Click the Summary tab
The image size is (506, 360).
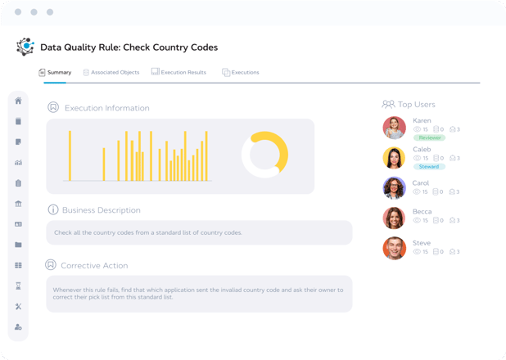tap(56, 73)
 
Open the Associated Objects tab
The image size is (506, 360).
tap(111, 73)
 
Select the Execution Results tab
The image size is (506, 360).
tap(178, 73)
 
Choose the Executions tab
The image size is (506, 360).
tap(241, 73)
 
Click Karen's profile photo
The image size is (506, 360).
tap(395, 128)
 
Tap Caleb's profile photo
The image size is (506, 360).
tap(395, 158)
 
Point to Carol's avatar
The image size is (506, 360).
tap(395, 188)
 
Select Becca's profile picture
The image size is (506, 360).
tap(395, 218)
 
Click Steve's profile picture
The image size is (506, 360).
tap(395, 248)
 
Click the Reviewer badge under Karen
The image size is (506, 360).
tap(429, 137)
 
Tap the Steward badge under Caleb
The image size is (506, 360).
tap(429, 167)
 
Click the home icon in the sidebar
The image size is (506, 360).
tap(18, 101)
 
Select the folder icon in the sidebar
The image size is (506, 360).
tap(18, 245)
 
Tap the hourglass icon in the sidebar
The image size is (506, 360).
tap(18, 286)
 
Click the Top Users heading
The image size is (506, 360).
tap(409, 105)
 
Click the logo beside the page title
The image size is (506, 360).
tap(25, 47)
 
